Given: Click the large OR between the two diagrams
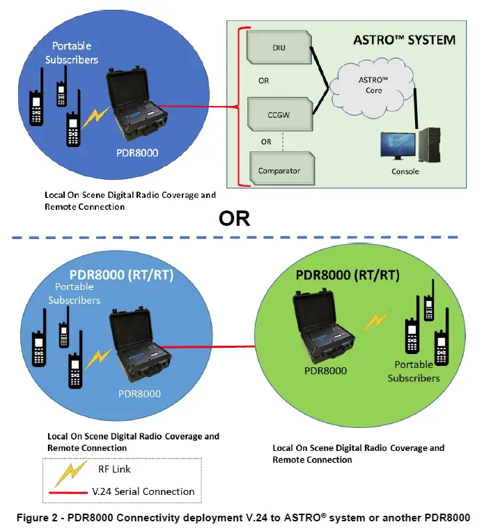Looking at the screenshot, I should tap(234, 218).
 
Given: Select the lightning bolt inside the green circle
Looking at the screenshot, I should tap(378, 320).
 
